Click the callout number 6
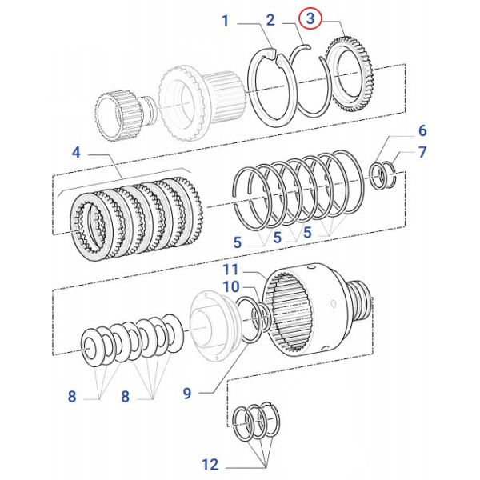coord(422,130)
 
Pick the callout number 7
coord(422,152)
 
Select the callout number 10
coord(231,286)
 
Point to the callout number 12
coord(210,464)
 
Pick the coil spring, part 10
coord(256,320)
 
